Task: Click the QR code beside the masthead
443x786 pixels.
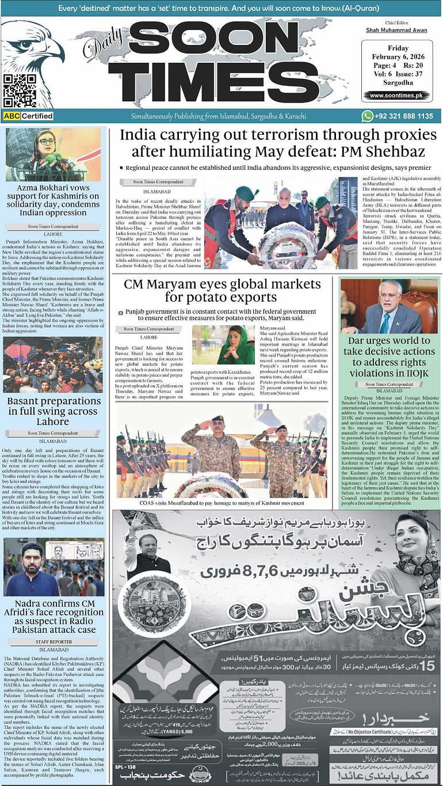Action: pyautogui.click(x=20, y=90)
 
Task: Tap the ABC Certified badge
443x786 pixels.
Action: pyautogui.click(x=28, y=116)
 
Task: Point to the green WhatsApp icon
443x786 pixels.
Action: pyautogui.click(x=367, y=116)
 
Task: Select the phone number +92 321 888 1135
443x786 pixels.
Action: pyautogui.click(x=405, y=116)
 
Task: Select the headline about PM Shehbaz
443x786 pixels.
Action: pyautogui.click(x=278, y=143)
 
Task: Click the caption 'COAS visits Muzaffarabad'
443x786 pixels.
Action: pyautogui.click(x=221, y=503)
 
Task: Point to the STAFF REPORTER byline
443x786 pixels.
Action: pyautogui.click(x=54, y=641)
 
